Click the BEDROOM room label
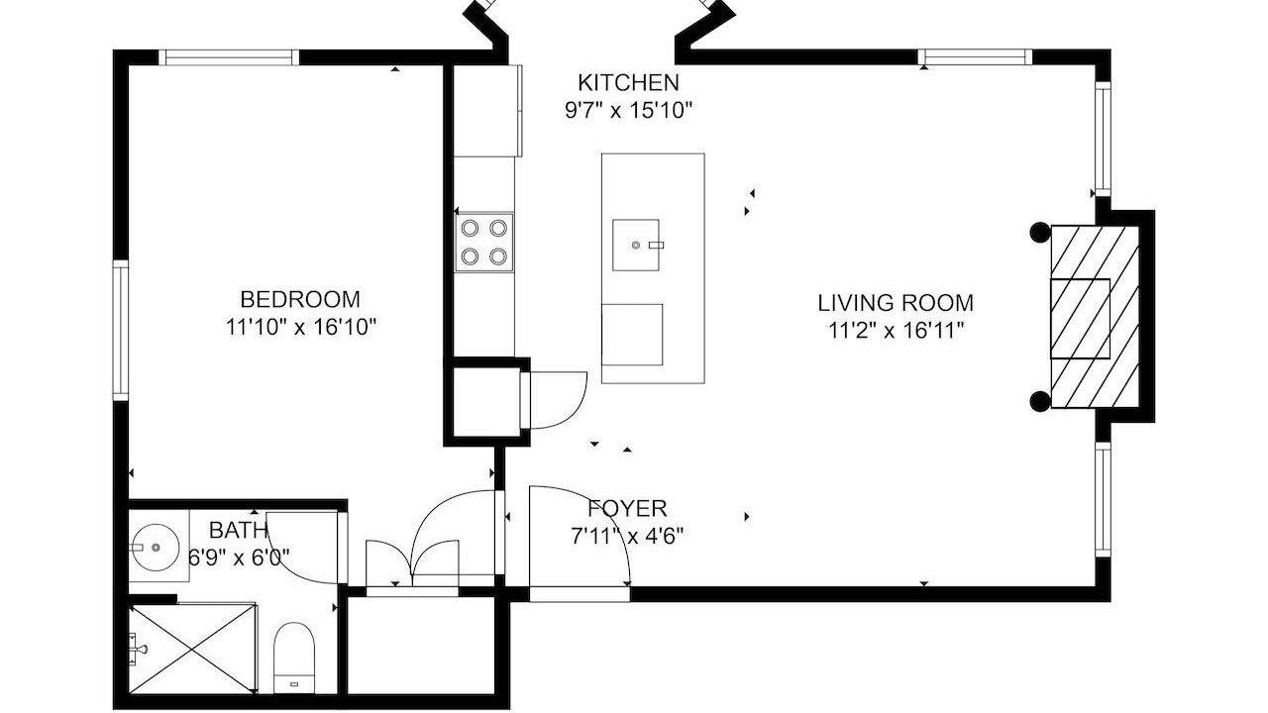click(300, 299)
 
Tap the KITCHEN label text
click(628, 82)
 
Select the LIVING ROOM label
click(896, 303)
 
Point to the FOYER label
click(627, 508)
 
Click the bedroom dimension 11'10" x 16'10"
click(301, 327)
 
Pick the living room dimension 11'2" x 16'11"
click(897, 330)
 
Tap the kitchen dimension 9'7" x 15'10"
click(629, 110)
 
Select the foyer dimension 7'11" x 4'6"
click(627, 536)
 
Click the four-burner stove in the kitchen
click(484, 243)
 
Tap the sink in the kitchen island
click(636, 245)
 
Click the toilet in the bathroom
click(294, 657)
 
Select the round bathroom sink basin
click(156, 548)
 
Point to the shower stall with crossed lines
click(192, 649)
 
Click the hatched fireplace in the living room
click(1095, 317)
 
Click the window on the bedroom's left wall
click(121, 331)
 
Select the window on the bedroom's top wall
click(229, 57)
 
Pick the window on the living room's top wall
click(975, 56)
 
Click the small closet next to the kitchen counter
click(486, 402)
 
